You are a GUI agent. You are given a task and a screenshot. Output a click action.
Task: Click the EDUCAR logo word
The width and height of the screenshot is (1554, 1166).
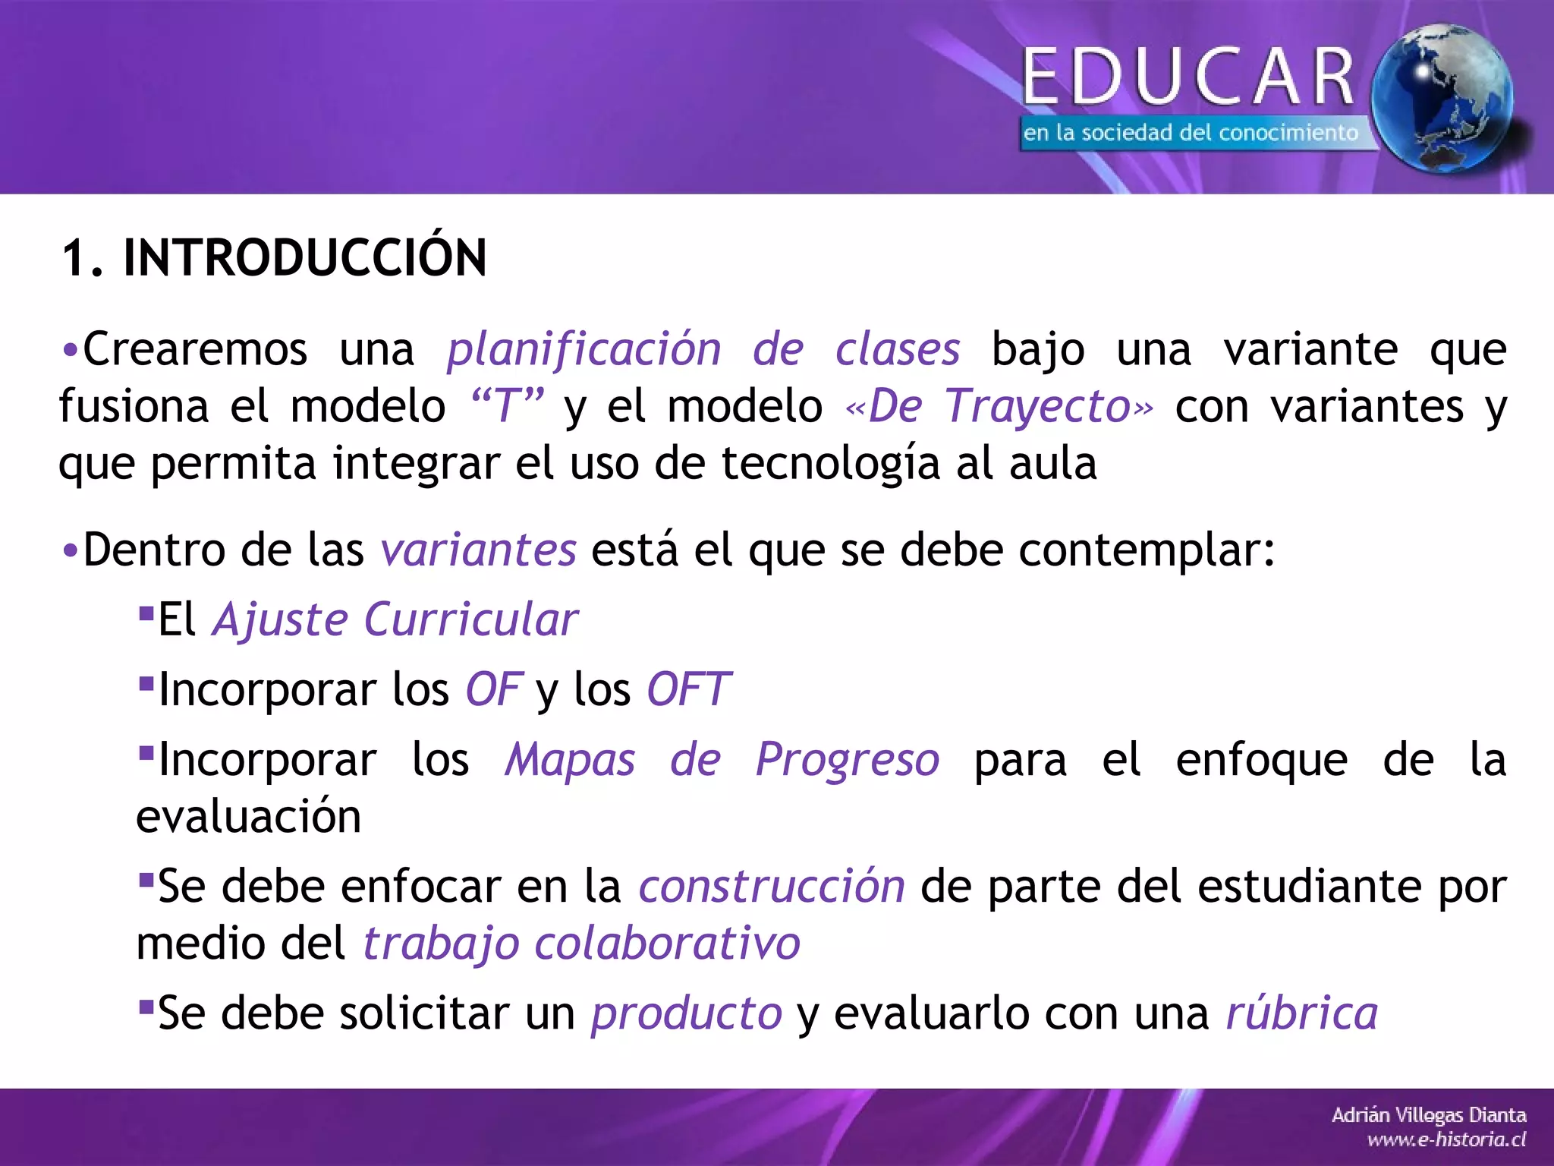[1189, 76]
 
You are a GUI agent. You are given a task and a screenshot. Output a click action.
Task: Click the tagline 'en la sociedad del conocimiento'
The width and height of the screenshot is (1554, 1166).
[1190, 134]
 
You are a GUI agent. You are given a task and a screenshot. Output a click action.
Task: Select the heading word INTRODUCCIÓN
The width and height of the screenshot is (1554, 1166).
[304, 258]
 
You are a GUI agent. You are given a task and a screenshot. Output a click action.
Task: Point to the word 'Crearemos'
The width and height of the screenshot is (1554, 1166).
[195, 350]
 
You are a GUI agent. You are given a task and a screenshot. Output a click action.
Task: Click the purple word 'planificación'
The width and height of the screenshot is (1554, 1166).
[584, 350]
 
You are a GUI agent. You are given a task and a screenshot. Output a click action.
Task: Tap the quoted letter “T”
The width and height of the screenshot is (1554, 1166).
[507, 406]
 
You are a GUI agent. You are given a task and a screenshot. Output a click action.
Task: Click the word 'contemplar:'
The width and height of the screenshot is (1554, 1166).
[1147, 550]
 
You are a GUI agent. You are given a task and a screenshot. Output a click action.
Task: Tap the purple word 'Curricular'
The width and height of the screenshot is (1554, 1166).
[470, 619]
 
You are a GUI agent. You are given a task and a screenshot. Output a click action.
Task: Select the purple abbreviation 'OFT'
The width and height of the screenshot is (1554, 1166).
[688, 689]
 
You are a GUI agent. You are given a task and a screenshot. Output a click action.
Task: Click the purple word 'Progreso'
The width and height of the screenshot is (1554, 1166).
[848, 759]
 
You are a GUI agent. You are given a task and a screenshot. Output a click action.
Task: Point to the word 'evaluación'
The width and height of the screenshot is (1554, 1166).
[249, 817]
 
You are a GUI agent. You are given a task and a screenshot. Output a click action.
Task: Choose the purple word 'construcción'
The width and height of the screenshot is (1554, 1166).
[772, 887]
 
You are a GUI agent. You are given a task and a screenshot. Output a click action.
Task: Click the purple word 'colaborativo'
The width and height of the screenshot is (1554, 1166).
[668, 944]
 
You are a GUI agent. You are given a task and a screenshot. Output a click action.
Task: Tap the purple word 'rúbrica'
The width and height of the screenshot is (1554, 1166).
[1302, 1013]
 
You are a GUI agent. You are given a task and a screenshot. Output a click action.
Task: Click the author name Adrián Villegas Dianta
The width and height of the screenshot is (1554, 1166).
[1429, 1115]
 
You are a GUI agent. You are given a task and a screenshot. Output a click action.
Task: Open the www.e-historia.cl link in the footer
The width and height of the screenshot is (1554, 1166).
[1446, 1139]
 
